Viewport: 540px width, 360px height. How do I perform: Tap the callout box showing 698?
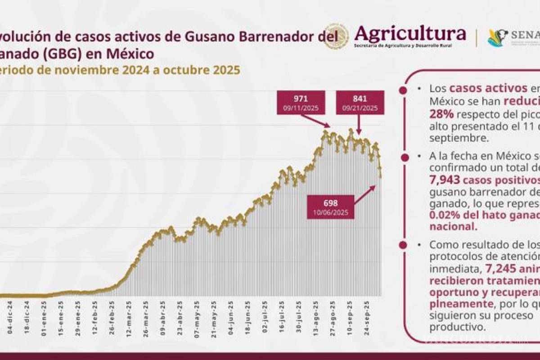click(x=330, y=207)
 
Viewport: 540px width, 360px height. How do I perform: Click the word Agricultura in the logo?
click(x=410, y=33)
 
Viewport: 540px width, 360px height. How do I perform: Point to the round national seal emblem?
click(x=336, y=36)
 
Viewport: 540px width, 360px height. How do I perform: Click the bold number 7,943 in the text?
click(x=446, y=180)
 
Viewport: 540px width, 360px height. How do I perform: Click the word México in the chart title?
click(x=130, y=54)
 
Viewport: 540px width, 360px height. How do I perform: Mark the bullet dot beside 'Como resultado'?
click(x=403, y=246)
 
